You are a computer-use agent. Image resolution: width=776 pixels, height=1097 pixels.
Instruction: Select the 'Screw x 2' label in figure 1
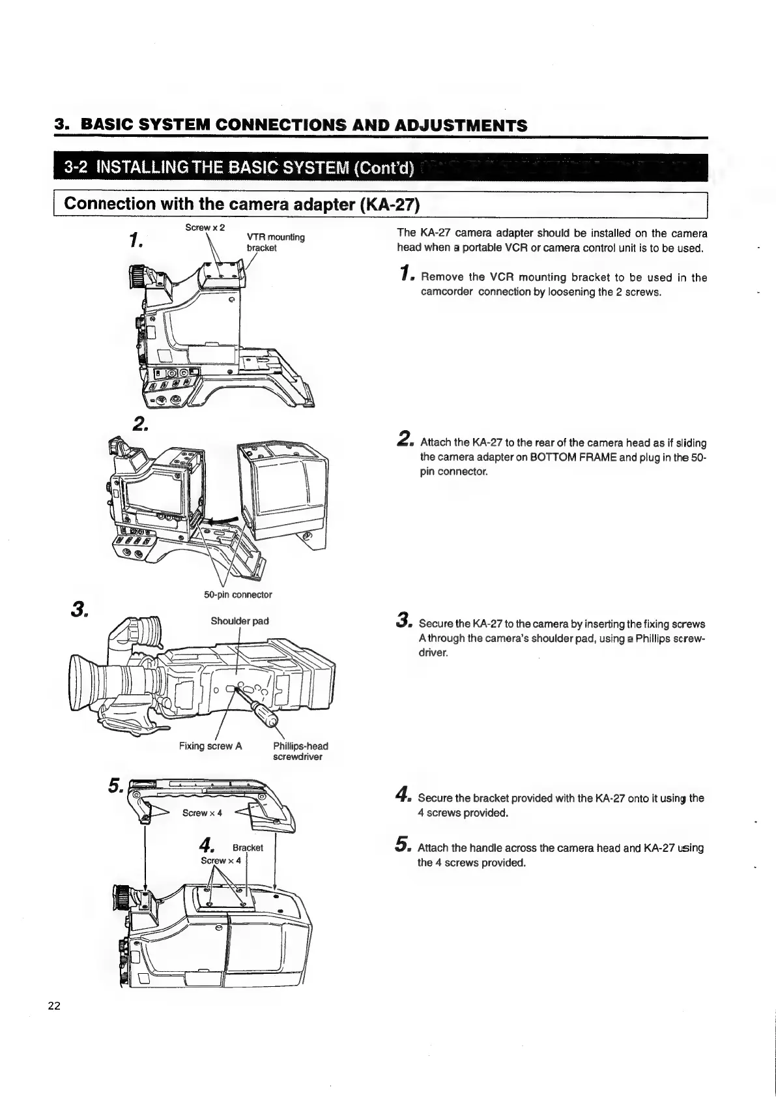[x=205, y=227]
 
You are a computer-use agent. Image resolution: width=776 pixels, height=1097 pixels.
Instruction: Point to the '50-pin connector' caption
[x=238, y=594]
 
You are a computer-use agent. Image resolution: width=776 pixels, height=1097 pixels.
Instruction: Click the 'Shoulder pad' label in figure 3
[x=240, y=621]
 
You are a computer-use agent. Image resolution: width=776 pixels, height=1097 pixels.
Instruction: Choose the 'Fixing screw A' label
[x=210, y=746]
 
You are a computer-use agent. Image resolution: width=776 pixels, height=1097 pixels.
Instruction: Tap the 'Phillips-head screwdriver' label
[x=300, y=751]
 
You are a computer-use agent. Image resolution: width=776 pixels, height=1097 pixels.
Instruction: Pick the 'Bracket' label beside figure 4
[x=248, y=848]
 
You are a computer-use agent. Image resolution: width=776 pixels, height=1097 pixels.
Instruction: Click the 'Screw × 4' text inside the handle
[x=202, y=813]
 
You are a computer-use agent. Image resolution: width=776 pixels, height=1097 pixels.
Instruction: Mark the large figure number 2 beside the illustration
[x=139, y=424]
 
